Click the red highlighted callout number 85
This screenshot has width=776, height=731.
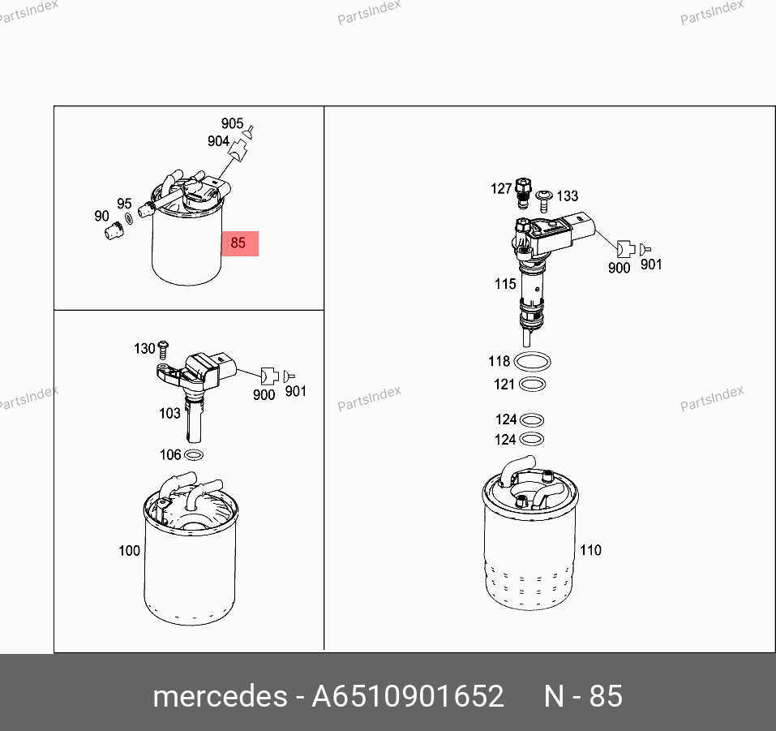coord(238,243)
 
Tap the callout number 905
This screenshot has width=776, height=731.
coord(232,123)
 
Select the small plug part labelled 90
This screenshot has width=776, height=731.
coord(114,230)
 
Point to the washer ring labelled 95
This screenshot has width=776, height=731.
coord(129,218)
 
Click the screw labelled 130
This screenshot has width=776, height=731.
coord(163,350)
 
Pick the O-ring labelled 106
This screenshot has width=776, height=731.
coord(194,454)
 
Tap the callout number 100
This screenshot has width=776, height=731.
coord(129,551)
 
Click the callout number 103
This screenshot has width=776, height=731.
coord(169,413)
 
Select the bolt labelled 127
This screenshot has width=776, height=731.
coord(523,193)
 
